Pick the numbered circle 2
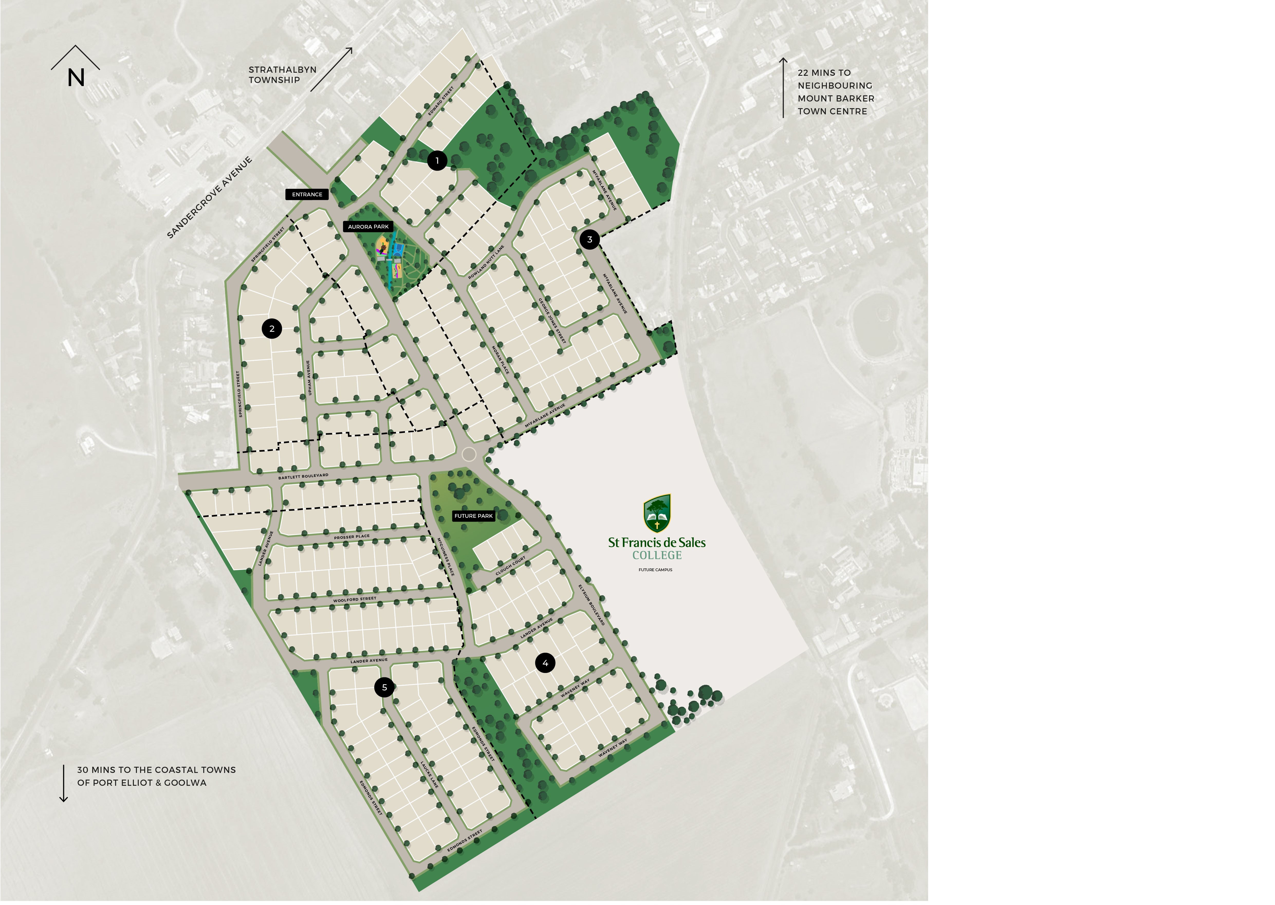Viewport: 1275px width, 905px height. [272, 329]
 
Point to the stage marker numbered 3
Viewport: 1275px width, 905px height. [589, 240]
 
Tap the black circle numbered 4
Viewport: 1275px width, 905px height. [545, 663]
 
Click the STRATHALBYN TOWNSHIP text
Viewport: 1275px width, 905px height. [282, 75]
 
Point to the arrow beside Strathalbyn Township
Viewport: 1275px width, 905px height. [331, 69]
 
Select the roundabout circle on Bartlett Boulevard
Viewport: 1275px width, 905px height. [469, 454]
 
